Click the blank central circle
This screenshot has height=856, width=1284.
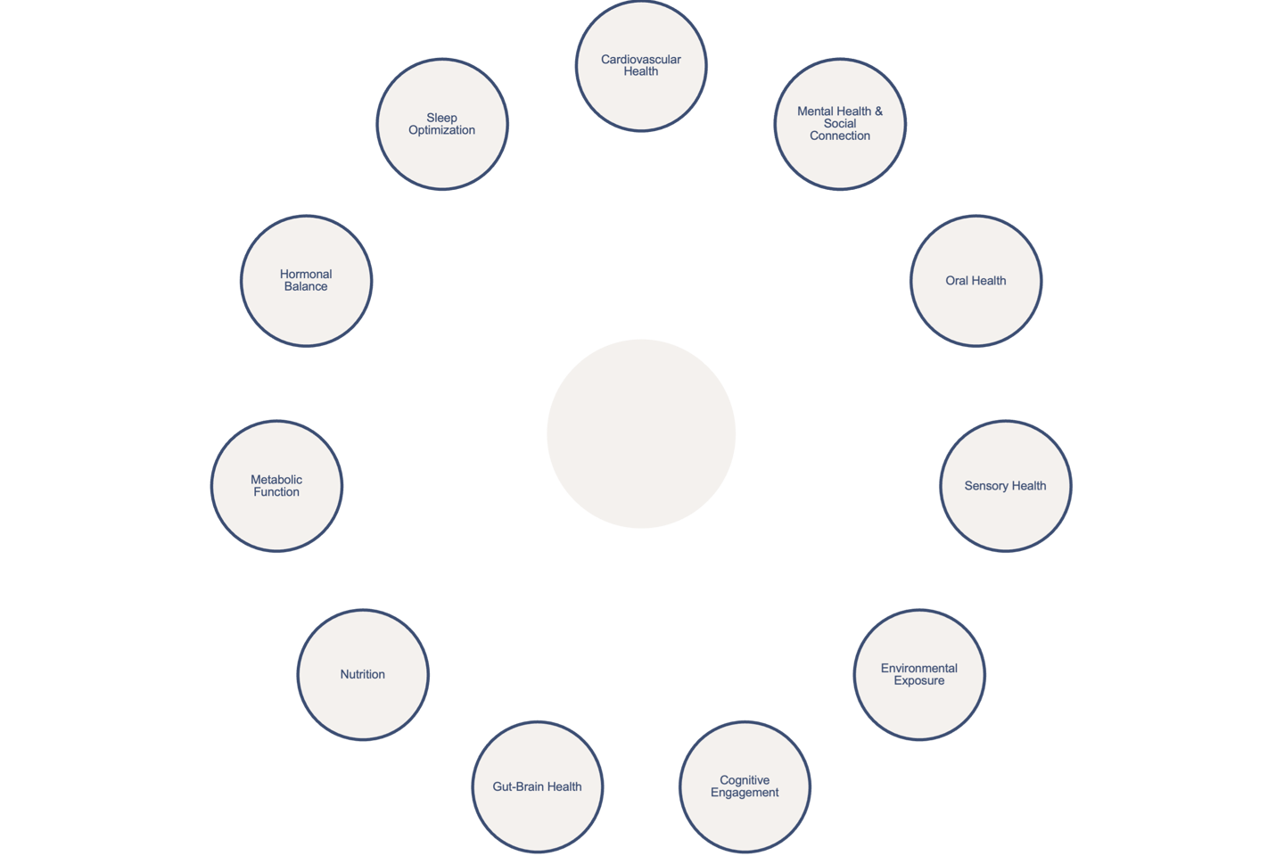[641, 433]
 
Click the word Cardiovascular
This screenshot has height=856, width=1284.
[640, 60]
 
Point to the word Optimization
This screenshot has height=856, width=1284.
[441, 130]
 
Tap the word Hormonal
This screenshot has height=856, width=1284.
[306, 274]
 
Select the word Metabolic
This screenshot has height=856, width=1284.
[276, 480]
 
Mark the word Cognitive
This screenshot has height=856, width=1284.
[745, 780]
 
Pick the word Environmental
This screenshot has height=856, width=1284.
[919, 668]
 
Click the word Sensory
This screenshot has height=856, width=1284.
[985, 486]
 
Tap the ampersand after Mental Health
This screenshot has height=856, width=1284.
[878, 111]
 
